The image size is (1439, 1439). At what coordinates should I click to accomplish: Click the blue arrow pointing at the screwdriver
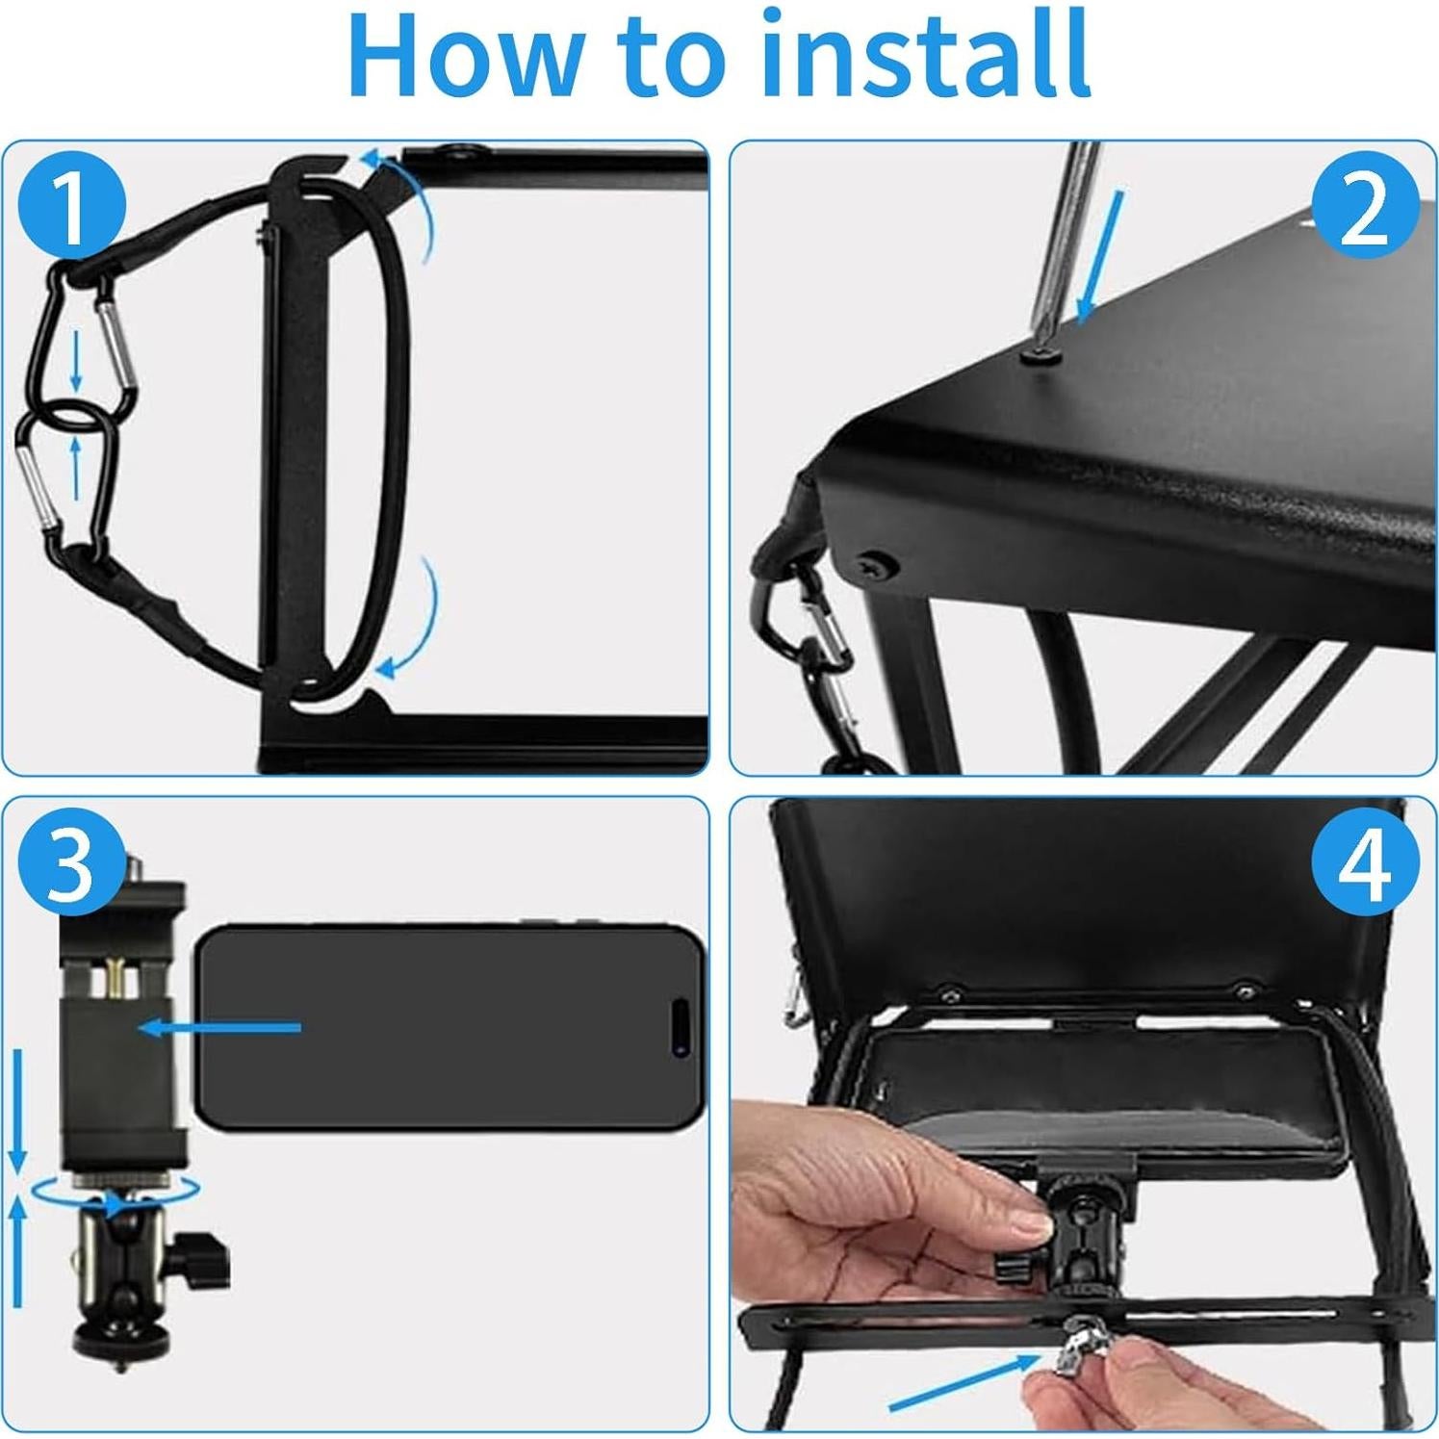(x=1100, y=255)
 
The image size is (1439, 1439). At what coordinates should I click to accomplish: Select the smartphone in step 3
(x=450, y=1026)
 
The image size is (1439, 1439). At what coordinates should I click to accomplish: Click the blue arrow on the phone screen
(x=219, y=1028)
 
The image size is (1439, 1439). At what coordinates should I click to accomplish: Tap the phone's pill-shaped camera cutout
(x=680, y=1026)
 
